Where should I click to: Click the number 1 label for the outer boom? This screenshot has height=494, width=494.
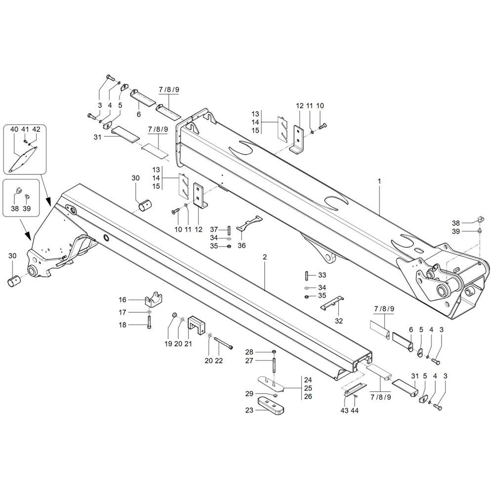379,181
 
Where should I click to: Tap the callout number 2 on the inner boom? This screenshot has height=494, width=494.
265,257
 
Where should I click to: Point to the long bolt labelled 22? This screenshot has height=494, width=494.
223,343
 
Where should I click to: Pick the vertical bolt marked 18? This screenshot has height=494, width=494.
149,322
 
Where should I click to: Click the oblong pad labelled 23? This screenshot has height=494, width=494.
271,406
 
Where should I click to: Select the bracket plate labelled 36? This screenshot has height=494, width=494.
249,223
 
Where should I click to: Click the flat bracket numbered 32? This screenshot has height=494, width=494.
332,303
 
